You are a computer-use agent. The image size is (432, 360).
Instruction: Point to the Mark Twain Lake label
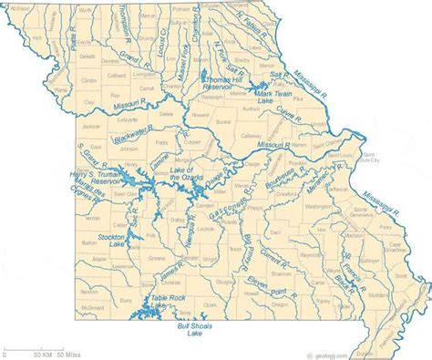tap(252, 97)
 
